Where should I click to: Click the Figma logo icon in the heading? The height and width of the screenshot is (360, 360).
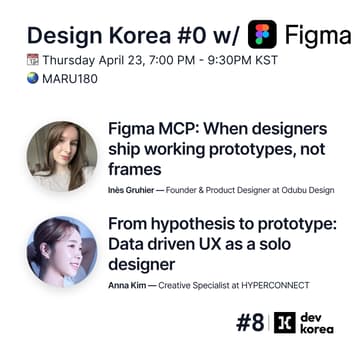coord(262,33)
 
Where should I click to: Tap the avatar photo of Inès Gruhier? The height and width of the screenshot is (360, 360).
coord(62,156)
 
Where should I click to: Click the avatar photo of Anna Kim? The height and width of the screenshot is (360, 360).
coord(62,251)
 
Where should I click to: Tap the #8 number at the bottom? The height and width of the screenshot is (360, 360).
coord(249,322)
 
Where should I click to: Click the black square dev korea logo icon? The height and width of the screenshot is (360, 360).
coord(285,322)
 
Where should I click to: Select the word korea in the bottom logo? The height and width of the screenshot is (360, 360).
coord(319,331)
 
